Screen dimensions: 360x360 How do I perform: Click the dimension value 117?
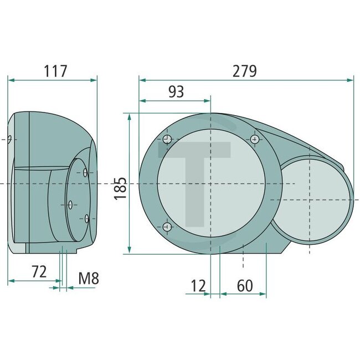tap(55, 71)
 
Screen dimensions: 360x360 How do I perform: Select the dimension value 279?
tap(245, 71)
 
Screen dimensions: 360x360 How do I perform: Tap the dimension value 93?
tap(176, 92)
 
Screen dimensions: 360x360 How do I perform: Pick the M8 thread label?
tap(88, 278)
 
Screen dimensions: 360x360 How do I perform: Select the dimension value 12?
tap(198, 286)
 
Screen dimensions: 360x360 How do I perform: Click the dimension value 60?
tap(245, 286)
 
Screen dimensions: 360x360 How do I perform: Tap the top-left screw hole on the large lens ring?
tap(167, 138)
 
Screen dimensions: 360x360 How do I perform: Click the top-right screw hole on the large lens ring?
tap(254, 138)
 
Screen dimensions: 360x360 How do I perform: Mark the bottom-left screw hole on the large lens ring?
tap(167, 226)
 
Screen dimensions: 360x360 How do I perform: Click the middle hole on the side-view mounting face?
tap(70, 204)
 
